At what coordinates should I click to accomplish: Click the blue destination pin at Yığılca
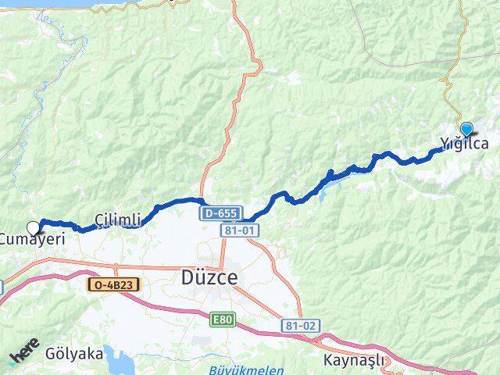coord(466,129)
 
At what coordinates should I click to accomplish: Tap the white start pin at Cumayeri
coord(33,228)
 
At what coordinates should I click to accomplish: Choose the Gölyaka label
coord(73,353)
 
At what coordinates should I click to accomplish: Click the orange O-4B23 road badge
coord(112,286)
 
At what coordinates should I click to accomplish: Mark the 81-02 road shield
coord(297,323)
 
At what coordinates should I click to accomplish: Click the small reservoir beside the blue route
coord(323,193)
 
